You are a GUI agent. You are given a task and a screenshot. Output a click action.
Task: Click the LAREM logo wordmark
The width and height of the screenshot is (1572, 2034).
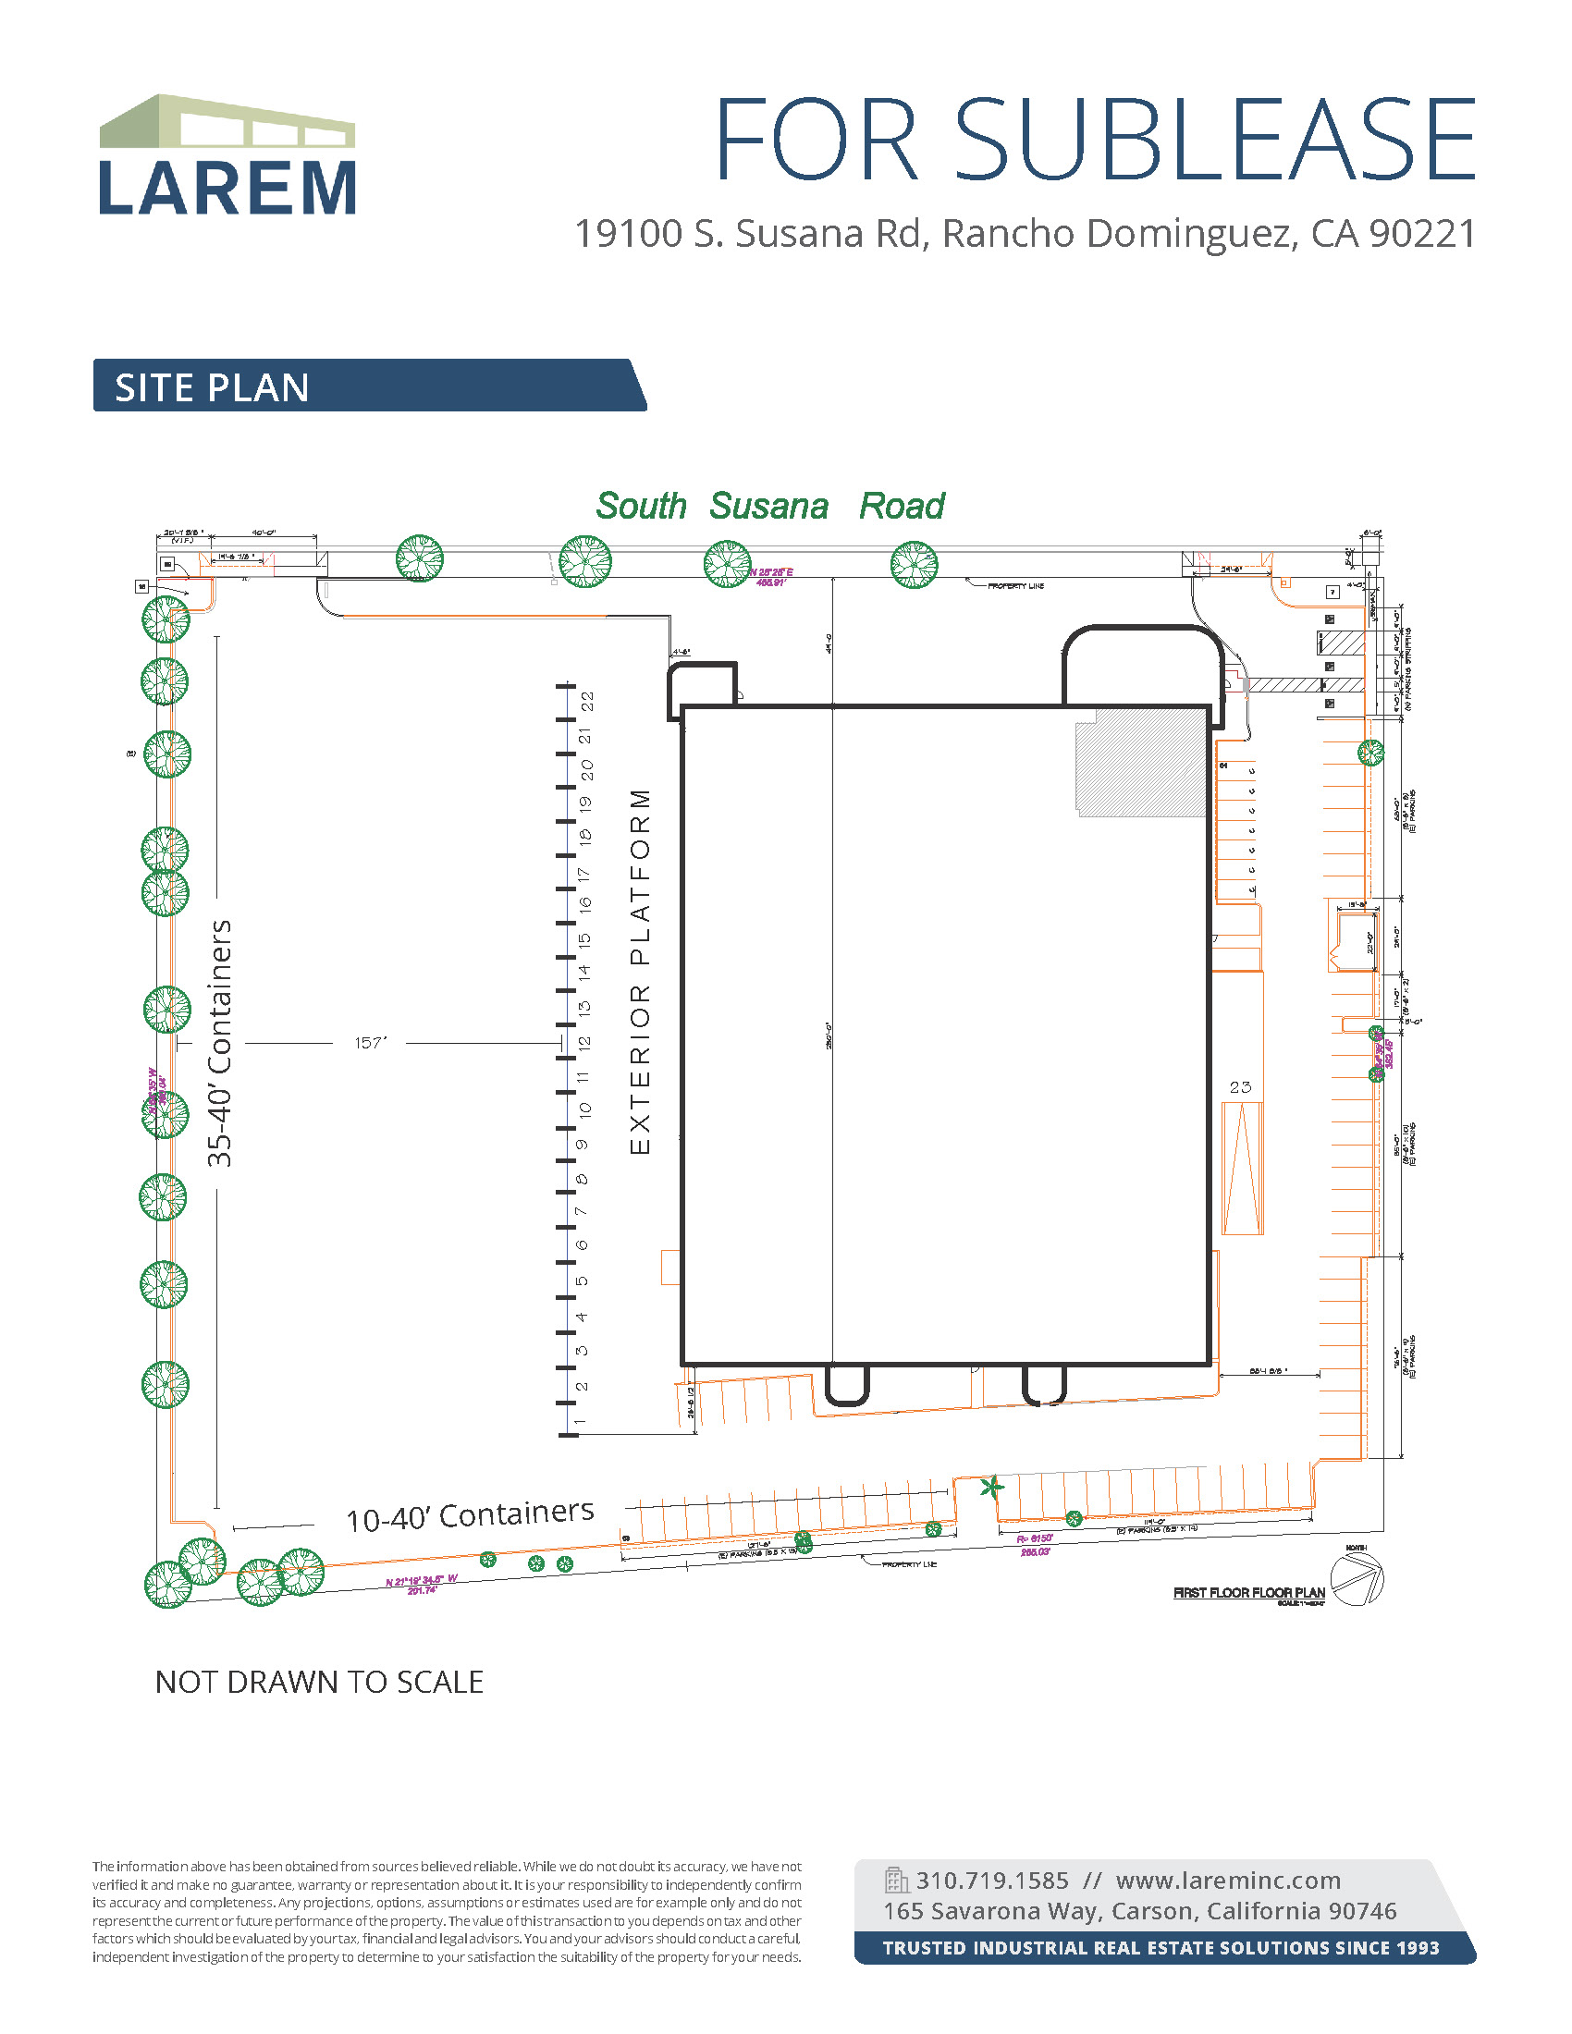click(x=227, y=189)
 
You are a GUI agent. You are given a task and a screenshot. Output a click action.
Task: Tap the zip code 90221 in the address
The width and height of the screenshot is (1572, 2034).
click(x=1423, y=234)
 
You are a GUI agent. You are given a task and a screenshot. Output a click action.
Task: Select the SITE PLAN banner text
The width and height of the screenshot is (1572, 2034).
click(x=213, y=387)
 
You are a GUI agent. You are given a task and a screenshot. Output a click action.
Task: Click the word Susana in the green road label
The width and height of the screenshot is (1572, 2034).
click(x=768, y=507)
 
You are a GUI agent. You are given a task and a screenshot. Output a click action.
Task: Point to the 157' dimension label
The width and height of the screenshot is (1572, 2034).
click(x=370, y=1043)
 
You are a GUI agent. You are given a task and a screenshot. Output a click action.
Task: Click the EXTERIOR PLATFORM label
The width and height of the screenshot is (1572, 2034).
click(x=640, y=973)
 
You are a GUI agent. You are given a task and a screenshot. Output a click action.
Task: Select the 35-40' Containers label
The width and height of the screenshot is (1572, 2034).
click(x=220, y=1043)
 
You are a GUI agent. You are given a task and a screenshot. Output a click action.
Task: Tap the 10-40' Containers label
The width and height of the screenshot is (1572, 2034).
click(x=470, y=1516)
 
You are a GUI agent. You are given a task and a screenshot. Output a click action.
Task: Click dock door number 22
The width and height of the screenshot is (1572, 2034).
click(x=586, y=702)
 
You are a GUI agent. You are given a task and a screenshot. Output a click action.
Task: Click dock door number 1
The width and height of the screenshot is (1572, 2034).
click(x=579, y=1422)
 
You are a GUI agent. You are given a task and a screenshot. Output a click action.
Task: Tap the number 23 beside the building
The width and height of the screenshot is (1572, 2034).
click(x=1239, y=1087)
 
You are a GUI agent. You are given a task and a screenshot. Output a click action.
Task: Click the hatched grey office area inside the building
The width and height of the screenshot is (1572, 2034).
click(x=1142, y=763)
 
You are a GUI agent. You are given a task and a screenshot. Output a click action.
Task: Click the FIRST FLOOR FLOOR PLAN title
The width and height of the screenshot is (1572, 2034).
click(x=1248, y=1593)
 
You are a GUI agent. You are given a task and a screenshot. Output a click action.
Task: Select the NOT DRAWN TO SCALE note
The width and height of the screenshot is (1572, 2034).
click(x=318, y=1682)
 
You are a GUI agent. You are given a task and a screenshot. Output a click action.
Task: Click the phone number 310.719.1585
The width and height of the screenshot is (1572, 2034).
click(x=992, y=1881)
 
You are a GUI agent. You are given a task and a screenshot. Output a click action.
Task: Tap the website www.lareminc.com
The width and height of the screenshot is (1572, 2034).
click(x=1227, y=1881)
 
